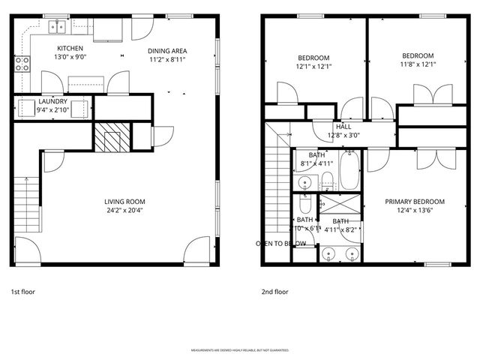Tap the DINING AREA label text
[167, 51]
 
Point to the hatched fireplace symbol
[111, 136]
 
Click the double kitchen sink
[58, 27]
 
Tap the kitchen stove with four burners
[21, 63]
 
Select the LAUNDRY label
[54, 101]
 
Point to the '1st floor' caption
[23, 292]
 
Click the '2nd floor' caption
[274, 292]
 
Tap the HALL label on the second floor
[343, 127]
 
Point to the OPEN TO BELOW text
[280, 244]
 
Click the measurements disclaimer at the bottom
[239, 349]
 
